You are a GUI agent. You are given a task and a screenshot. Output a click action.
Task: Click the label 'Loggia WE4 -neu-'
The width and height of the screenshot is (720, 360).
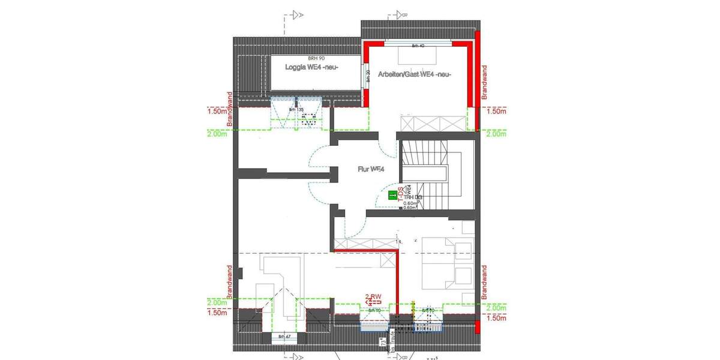311,68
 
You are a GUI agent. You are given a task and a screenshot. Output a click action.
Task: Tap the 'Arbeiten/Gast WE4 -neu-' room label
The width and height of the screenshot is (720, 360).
414,74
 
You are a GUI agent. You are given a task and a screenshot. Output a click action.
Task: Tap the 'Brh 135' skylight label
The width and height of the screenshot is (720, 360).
296,110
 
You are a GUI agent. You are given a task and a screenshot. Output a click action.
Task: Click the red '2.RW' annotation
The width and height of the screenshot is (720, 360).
374,296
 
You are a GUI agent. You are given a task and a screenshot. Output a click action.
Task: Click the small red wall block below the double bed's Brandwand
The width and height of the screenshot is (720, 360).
477,326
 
